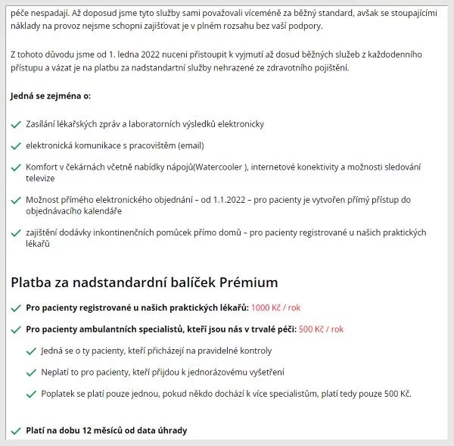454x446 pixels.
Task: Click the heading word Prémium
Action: pyautogui.click(x=249, y=282)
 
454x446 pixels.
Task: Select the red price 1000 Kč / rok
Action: pyautogui.click(x=276, y=308)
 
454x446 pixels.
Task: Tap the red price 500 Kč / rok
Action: pyautogui.click(x=321, y=329)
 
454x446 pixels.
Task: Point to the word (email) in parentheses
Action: pyautogui.click(x=190, y=145)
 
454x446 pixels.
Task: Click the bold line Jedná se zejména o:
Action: pyautogui.click(x=51, y=96)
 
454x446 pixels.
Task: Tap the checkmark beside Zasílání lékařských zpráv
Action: pyautogui.click(x=16, y=124)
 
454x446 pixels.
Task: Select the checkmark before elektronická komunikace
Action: pyautogui.click(x=16, y=145)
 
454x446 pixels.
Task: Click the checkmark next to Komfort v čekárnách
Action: pyautogui.click(x=16, y=167)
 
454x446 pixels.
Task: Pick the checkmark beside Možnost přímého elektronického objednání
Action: pyautogui.click(x=16, y=200)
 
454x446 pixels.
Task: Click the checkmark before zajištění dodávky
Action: pyautogui.click(x=16, y=233)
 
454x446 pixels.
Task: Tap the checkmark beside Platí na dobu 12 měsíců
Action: pyautogui.click(x=16, y=431)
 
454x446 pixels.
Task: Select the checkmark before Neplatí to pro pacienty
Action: pyautogui.click(x=31, y=373)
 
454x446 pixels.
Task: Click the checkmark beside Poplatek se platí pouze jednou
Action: pyautogui.click(x=31, y=394)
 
